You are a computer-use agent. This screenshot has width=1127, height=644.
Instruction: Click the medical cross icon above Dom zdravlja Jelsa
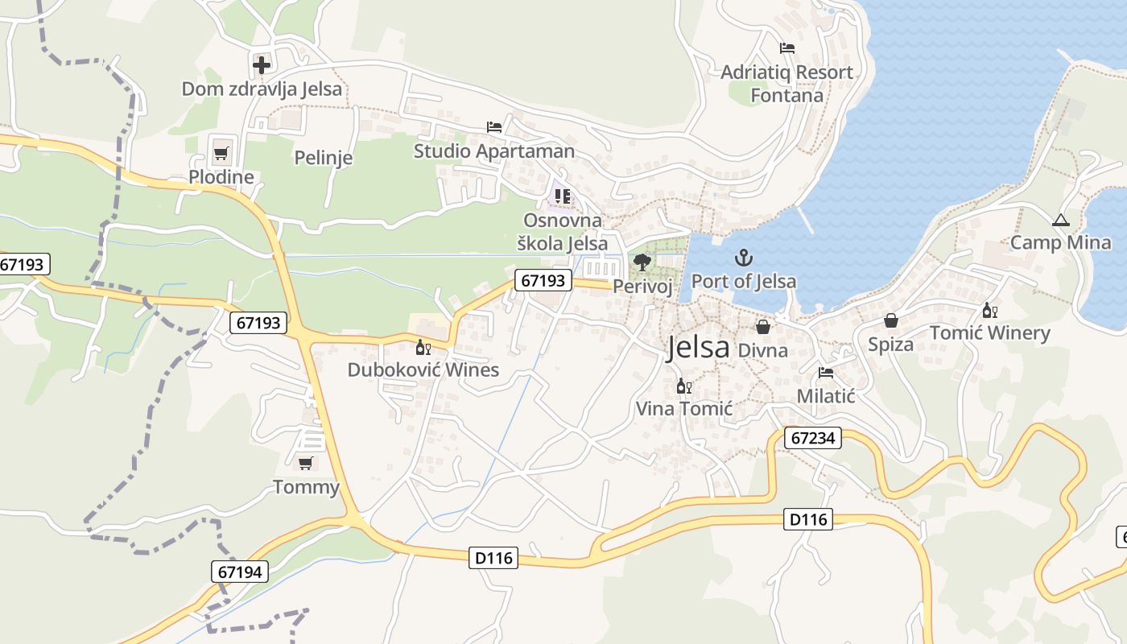click(262, 64)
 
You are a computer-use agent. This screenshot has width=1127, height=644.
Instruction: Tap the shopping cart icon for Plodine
click(221, 152)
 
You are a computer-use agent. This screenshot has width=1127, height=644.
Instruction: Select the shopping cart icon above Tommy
click(305, 463)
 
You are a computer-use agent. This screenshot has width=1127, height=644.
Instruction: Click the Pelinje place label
click(324, 158)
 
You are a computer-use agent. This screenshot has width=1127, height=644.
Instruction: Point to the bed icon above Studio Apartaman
click(494, 127)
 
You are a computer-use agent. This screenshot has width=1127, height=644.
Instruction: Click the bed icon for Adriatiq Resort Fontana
click(787, 48)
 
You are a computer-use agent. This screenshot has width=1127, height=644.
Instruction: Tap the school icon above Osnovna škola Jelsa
click(562, 196)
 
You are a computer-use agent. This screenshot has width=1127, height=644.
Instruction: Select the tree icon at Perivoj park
click(642, 262)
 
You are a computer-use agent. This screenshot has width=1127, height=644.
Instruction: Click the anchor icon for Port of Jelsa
click(744, 258)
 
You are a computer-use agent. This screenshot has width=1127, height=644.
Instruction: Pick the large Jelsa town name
click(698, 348)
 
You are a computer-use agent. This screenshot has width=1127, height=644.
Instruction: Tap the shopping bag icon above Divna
click(762, 327)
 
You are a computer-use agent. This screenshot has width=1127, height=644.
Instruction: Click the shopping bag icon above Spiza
click(890, 320)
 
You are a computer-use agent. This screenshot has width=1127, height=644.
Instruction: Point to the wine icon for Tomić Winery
click(989, 310)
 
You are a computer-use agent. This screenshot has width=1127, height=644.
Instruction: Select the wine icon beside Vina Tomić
click(684, 386)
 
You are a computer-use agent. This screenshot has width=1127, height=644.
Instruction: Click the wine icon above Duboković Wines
click(423, 347)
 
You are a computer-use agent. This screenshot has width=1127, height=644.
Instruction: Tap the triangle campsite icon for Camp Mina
click(1060, 220)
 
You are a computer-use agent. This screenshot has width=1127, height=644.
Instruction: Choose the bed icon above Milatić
click(825, 373)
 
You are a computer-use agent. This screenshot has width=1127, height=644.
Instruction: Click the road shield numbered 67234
click(814, 438)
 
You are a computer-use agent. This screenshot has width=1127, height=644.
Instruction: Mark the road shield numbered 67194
click(240, 572)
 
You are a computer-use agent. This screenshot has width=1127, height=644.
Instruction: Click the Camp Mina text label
click(1060, 242)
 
